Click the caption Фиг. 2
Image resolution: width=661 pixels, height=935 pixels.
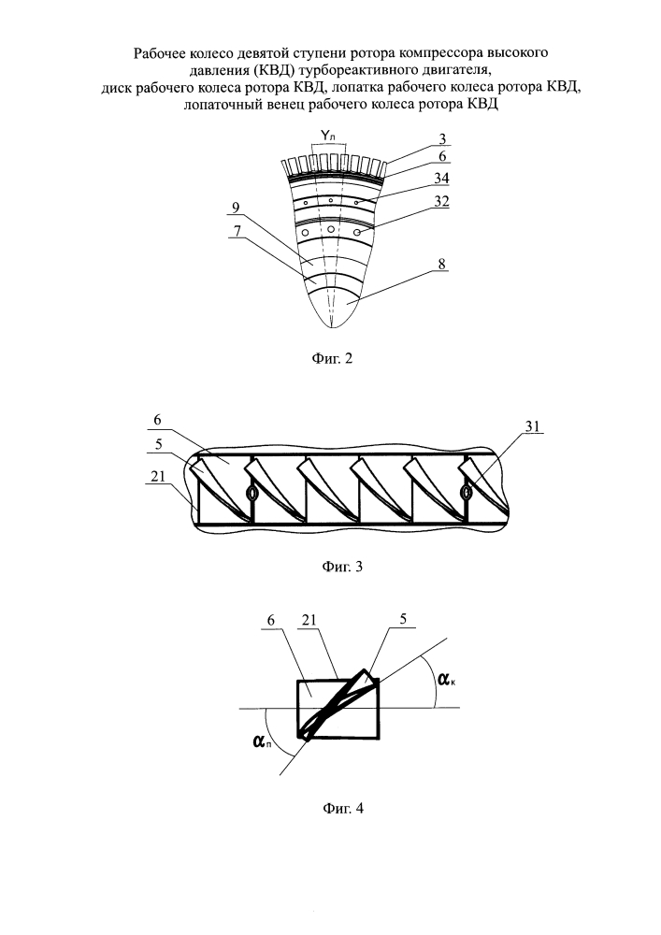330,357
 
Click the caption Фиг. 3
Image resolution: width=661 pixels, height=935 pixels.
330,566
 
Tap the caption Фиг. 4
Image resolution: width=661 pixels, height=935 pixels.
330,809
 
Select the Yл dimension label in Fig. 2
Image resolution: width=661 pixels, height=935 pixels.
329,137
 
